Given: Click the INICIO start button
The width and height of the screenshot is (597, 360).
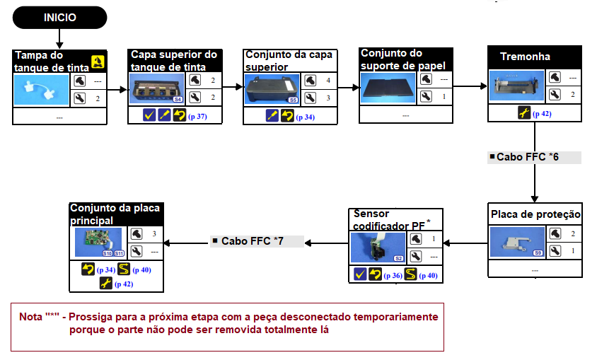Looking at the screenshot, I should tap(60, 18).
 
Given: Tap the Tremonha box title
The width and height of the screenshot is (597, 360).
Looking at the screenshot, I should tap(525, 57).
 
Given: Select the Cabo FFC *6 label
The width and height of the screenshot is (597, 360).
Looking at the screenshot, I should tap(528, 157).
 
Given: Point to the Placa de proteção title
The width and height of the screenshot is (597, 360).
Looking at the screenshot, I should tap(535, 214).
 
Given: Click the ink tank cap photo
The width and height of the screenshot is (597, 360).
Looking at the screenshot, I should tap(41, 89).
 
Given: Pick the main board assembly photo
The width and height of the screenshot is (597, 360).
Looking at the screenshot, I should tap(98, 242).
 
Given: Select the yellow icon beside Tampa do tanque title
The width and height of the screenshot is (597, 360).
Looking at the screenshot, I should tap(98, 62).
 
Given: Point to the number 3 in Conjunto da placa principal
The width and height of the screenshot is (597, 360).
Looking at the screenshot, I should tap(154, 233).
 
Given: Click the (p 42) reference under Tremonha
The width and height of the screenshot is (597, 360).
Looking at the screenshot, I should tap(543, 113).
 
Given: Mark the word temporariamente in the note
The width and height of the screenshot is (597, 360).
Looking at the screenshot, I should tap(393, 316).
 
